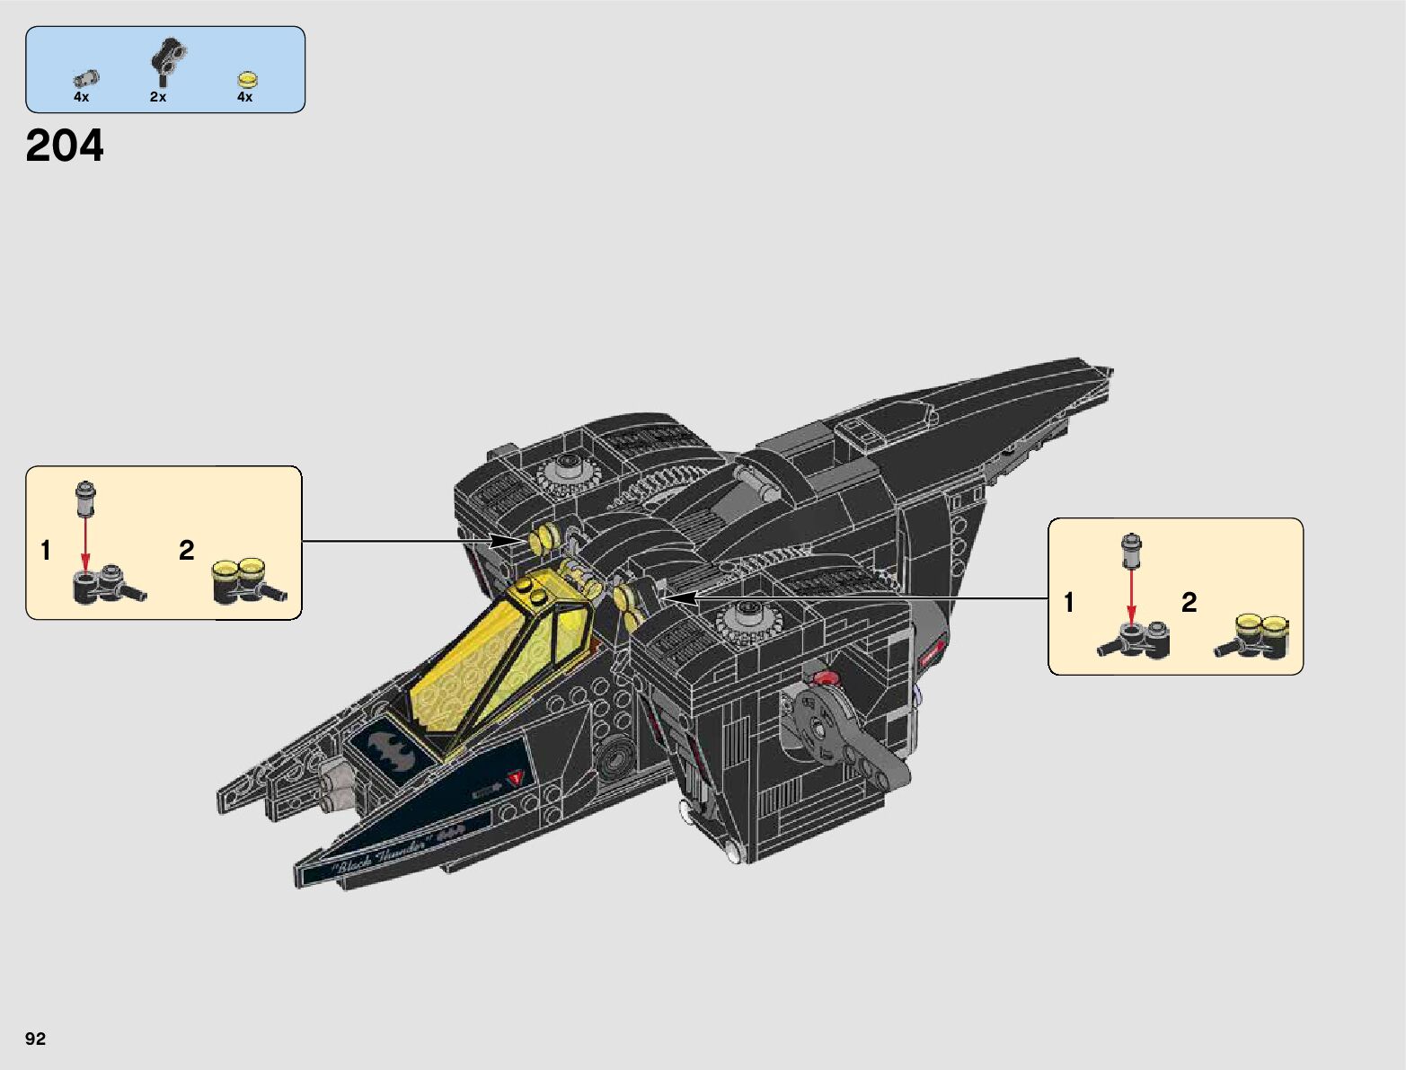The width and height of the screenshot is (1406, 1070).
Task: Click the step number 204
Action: tap(65, 146)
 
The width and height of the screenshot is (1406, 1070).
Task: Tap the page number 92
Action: tap(35, 1039)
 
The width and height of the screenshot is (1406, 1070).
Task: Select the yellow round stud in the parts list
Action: tap(247, 79)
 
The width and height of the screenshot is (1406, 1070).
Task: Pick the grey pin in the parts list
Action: tap(86, 79)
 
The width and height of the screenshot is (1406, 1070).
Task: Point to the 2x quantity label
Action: tap(158, 97)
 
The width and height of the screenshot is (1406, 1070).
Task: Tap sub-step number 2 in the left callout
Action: tap(186, 550)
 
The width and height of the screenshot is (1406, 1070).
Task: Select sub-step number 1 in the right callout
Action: tap(1068, 602)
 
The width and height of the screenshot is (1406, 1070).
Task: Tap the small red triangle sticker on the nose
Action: tap(515, 778)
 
